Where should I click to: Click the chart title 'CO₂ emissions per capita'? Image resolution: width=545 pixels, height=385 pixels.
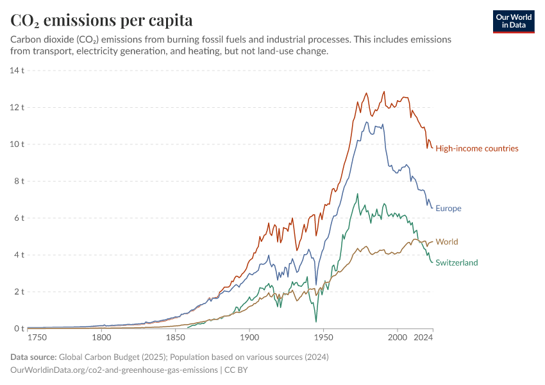(x=101, y=20)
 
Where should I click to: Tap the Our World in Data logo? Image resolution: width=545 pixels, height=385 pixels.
(x=514, y=21)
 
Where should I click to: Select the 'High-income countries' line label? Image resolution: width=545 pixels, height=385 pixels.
(x=476, y=149)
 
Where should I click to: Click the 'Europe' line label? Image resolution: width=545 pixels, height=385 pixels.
(x=448, y=209)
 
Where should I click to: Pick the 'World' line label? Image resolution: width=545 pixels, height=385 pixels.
(x=446, y=242)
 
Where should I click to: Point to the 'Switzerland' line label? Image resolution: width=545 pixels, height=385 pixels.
(x=457, y=262)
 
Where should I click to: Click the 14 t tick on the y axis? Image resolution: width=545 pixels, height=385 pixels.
(x=17, y=70)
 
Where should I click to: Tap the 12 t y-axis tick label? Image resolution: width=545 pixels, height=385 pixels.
(x=17, y=107)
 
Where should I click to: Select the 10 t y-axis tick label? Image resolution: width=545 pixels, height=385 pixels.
(x=17, y=144)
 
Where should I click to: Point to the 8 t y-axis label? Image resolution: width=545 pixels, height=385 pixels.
(x=19, y=181)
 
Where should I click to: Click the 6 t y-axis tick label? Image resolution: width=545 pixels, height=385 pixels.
(x=19, y=218)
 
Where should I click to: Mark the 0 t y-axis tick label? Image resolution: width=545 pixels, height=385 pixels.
(x=19, y=329)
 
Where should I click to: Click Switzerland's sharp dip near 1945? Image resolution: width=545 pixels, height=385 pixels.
(x=315, y=320)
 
